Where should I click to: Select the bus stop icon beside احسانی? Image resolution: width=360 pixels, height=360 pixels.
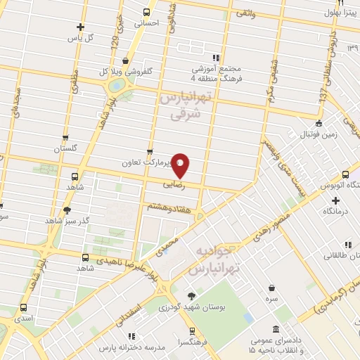tap(146, 12)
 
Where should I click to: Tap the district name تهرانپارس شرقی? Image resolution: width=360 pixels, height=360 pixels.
tap(184, 104)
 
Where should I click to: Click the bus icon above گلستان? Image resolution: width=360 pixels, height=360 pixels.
tap(65, 138)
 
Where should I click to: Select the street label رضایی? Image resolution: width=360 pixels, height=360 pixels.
tap(174, 186)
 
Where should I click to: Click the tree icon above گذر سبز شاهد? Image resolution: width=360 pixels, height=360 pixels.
tap(67, 210)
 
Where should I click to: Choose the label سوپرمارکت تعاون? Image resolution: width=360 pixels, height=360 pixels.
tap(162, 163)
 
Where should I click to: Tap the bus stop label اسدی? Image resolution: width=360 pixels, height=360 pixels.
tap(24, 319)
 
